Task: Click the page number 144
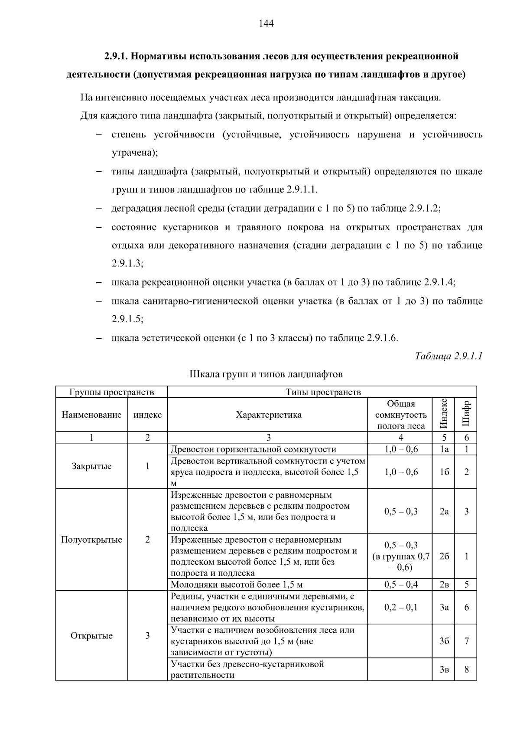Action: click(x=266, y=23)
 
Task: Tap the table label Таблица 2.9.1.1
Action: click(x=448, y=356)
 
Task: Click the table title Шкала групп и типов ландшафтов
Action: click(x=266, y=374)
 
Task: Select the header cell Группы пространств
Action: click(x=112, y=392)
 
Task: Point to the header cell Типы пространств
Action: click(x=323, y=392)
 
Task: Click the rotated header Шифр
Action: click(x=466, y=414)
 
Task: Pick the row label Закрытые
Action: click(x=91, y=466)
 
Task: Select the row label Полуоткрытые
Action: click(x=91, y=540)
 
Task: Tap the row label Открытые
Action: click(x=91, y=635)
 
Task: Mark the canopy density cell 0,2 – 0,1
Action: click(x=401, y=607)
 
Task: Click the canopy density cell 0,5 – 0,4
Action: click(x=401, y=584)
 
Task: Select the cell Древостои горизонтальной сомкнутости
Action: click(x=253, y=449)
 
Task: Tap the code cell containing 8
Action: click(x=466, y=669)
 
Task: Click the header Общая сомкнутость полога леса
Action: click(x=401, y=415)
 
